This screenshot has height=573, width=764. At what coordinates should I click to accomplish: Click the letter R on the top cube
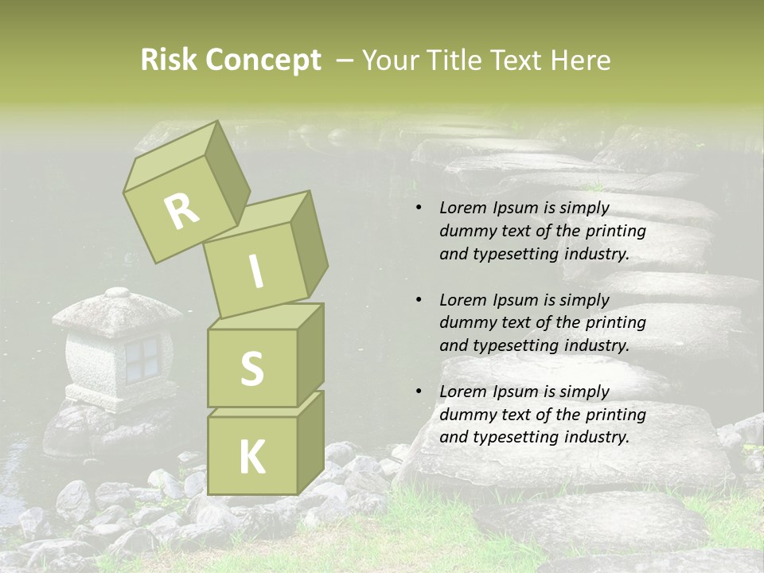click(181, 211)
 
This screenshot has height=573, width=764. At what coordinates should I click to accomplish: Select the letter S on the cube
click(251, 368)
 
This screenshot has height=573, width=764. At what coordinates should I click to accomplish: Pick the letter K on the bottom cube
click(251, 457)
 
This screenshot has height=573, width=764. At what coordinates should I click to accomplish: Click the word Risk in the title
click(168, 60)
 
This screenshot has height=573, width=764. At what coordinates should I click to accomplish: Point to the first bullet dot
click(419, 209)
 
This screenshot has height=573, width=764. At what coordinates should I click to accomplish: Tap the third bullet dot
click(419, 392)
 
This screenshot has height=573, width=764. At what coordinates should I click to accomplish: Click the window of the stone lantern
click(142, 357)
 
